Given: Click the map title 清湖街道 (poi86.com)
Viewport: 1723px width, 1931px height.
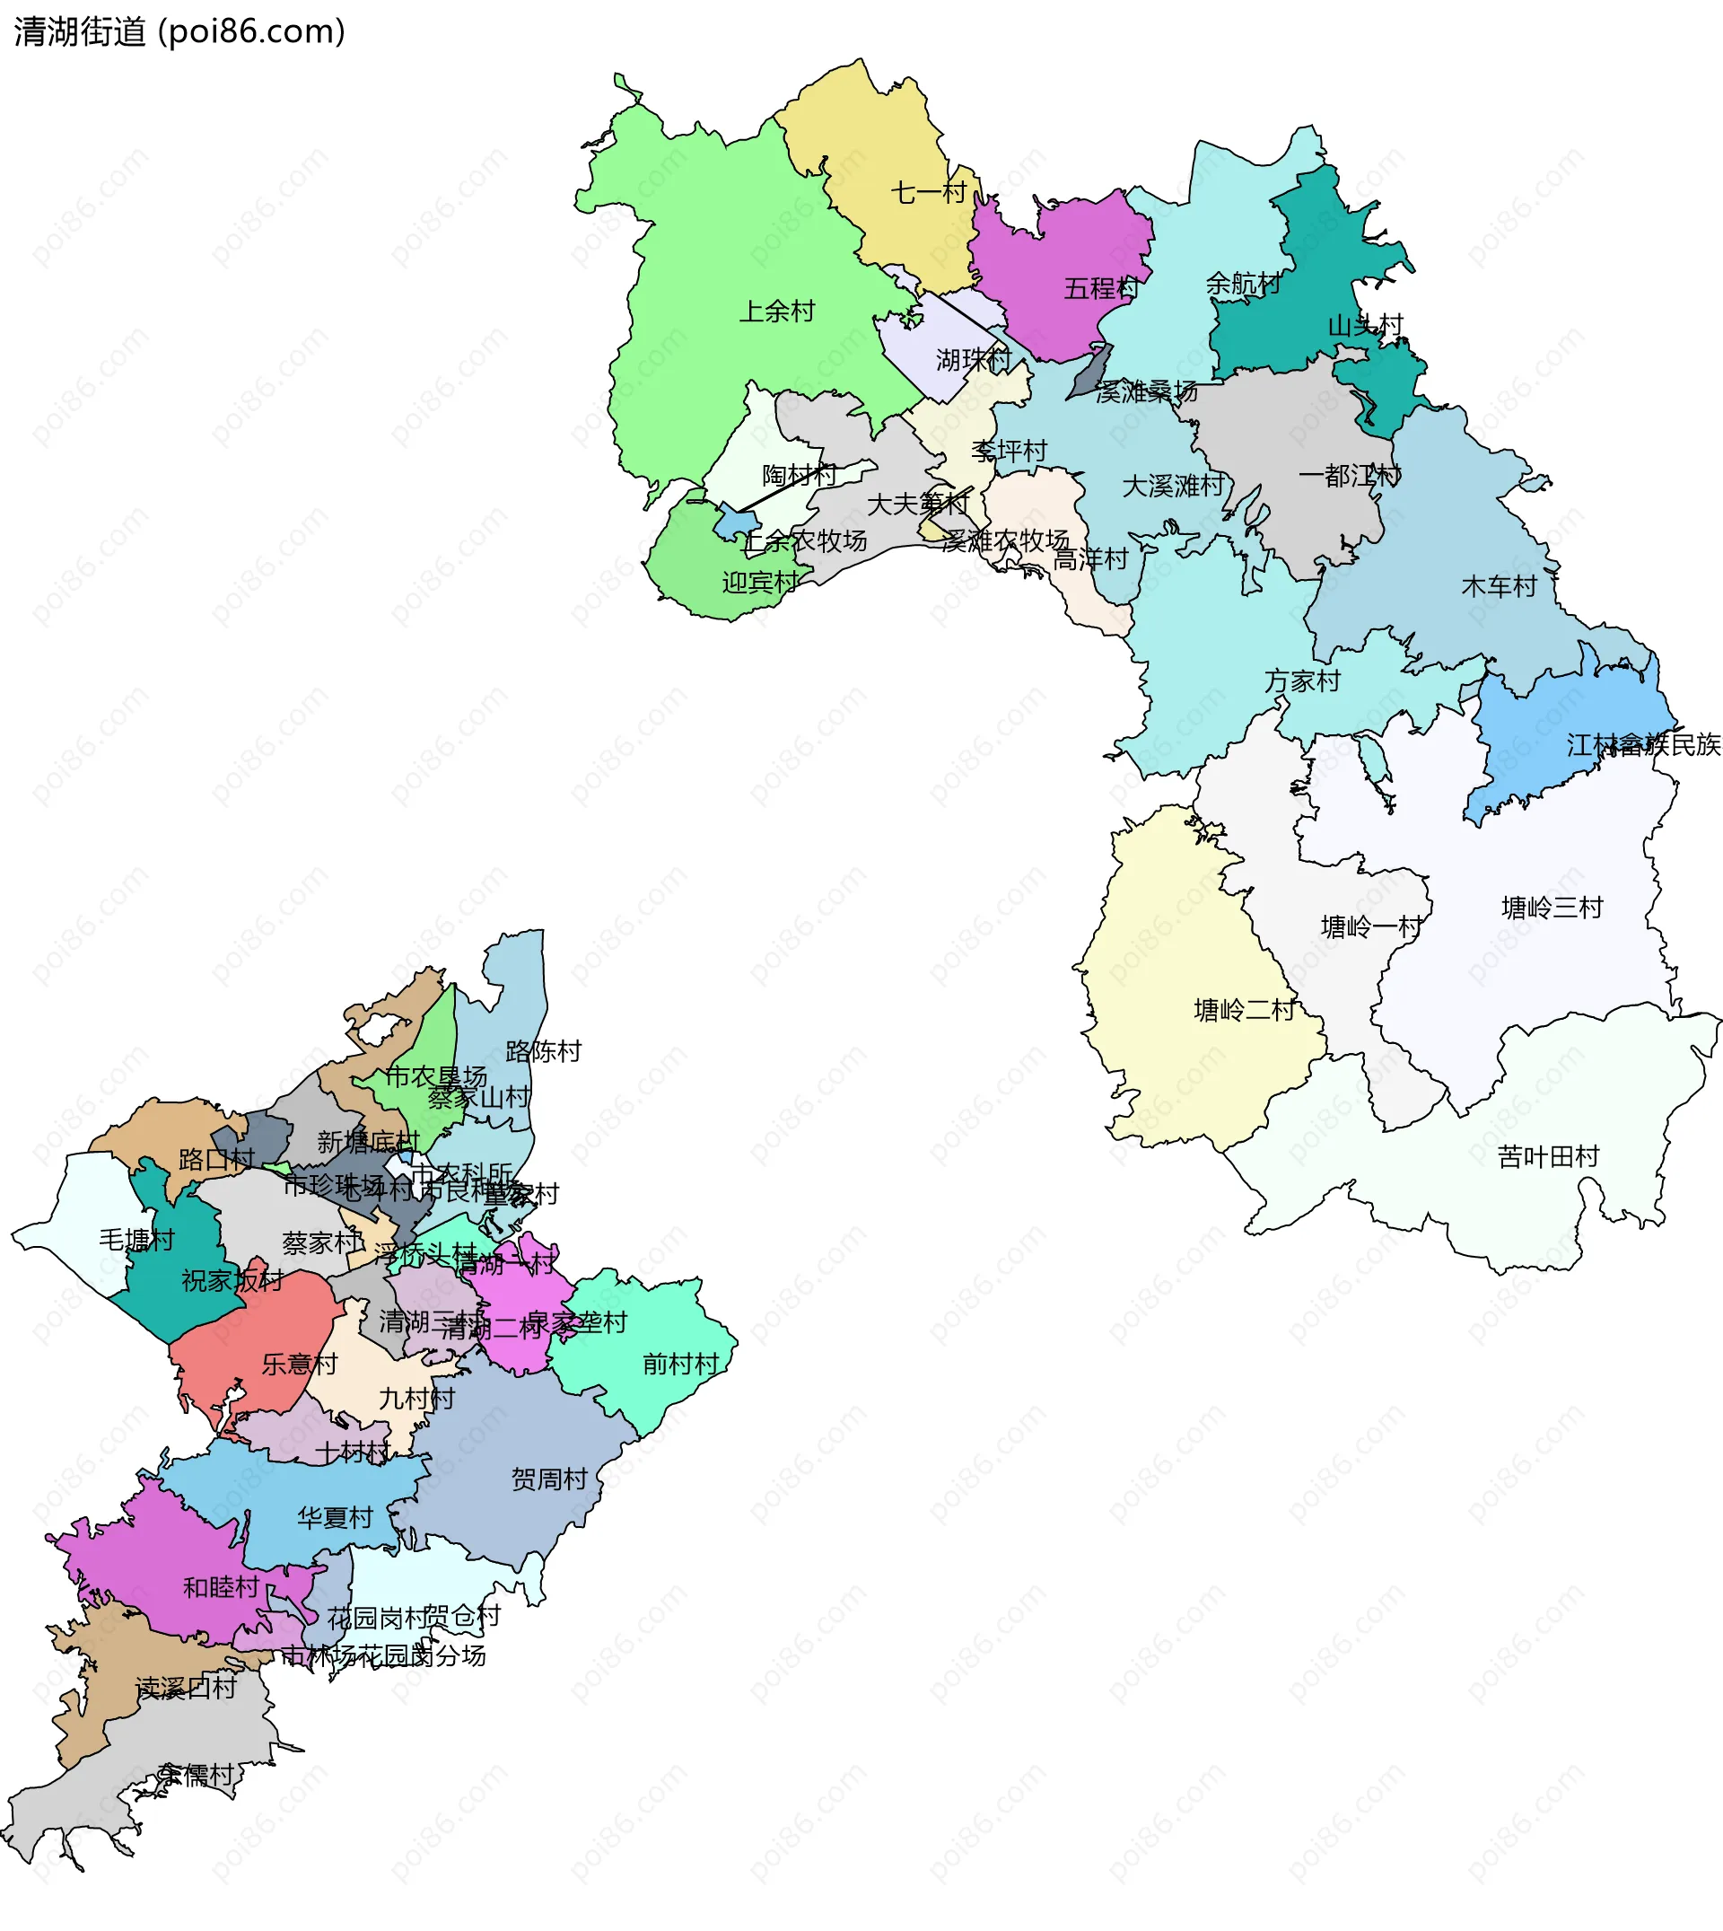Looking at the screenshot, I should click(x=179, y=31).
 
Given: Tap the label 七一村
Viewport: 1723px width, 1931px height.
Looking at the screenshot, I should click(x=928, y=192).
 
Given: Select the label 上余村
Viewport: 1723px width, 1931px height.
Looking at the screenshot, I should click(x=776, y=311).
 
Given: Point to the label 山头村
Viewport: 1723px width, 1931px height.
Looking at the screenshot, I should click(x=1365, y=326).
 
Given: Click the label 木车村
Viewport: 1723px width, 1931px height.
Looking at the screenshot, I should click(x=1499, y=586).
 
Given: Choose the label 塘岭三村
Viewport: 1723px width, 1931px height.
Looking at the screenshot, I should click(x=1552, y=908).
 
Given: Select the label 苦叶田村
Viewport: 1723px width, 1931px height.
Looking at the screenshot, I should click(x=1548, y=1156).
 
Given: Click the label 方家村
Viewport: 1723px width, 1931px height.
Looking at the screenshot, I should click(x=1302, y=680).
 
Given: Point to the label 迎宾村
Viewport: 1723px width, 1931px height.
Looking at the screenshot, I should click(x=760, y=583).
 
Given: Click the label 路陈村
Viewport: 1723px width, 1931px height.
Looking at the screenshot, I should click(x=544, y=1051).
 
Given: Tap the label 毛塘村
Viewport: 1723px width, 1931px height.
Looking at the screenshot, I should click(x=137, y=1240).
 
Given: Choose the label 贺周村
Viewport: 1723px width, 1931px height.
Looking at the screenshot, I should click(x=549, y=1479).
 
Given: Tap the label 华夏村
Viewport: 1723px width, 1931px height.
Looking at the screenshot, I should click(x=335, y=1518).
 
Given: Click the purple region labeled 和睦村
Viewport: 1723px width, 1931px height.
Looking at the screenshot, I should click(x=189, y=1582).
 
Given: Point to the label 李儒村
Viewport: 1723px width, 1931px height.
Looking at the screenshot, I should click(x=196, y=1776).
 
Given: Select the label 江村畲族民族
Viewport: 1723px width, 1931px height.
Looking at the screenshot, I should click(x=1642, y=745).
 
